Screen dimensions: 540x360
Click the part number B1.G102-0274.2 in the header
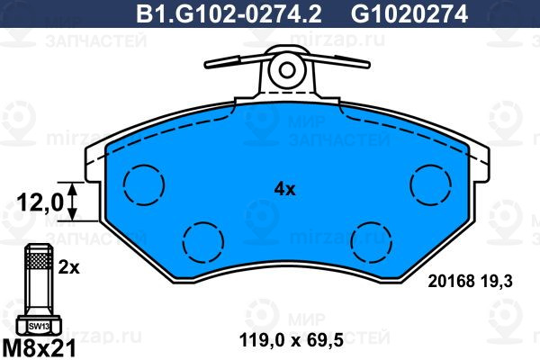click(x=229, y=14)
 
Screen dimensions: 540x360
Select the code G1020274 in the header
click(x=409, y=14)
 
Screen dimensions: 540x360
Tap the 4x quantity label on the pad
click(x=284, y=189)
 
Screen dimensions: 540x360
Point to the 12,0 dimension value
click(x=40, y=202)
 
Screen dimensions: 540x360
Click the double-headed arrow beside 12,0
click(x=72, y=202)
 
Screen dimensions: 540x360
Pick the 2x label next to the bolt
click(x=68, y=267)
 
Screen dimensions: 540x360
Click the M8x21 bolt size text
click(x=39, y=348)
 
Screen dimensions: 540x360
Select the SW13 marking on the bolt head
click(x=39, y=326)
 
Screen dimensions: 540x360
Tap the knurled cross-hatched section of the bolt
click(x=39, y=261)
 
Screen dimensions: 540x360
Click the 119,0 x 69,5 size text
click(x=292, y=340)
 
